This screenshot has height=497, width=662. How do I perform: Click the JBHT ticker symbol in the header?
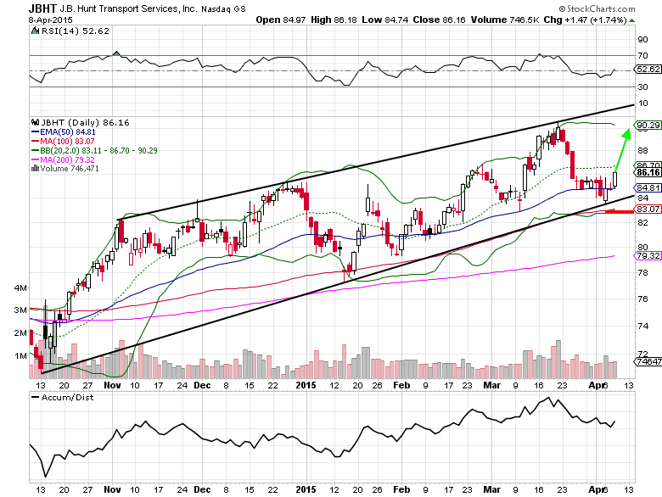point(18,8)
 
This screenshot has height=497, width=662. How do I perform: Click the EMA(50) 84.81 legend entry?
point(61,131)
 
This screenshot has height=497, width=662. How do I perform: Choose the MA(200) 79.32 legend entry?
point(61,159)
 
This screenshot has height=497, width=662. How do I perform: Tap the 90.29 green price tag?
point(648,125)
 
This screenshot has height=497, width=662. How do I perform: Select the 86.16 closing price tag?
point(648,173)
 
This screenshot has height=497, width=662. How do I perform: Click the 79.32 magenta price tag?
point(648,255)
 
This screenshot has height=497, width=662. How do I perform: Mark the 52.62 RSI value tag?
point(648,70)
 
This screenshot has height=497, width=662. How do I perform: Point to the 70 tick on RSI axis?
point(642,54)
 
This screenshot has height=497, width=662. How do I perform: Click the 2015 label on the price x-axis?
point(305,383)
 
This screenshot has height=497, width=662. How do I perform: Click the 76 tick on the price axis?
point(642,300)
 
